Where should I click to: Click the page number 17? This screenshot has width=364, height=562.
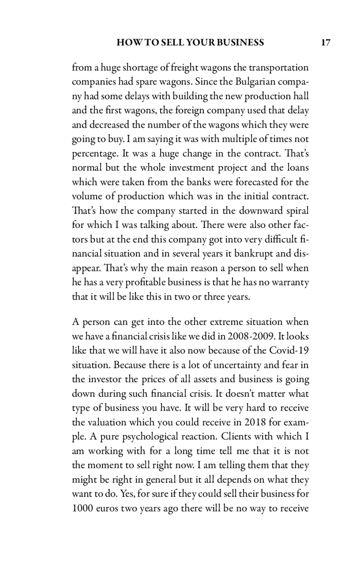[x=325, y=42]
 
